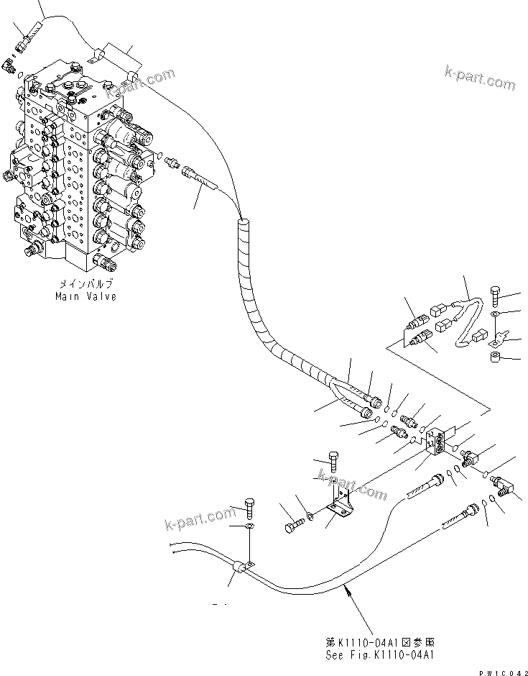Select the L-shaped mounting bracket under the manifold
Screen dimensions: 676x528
click(x=338, y=501)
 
